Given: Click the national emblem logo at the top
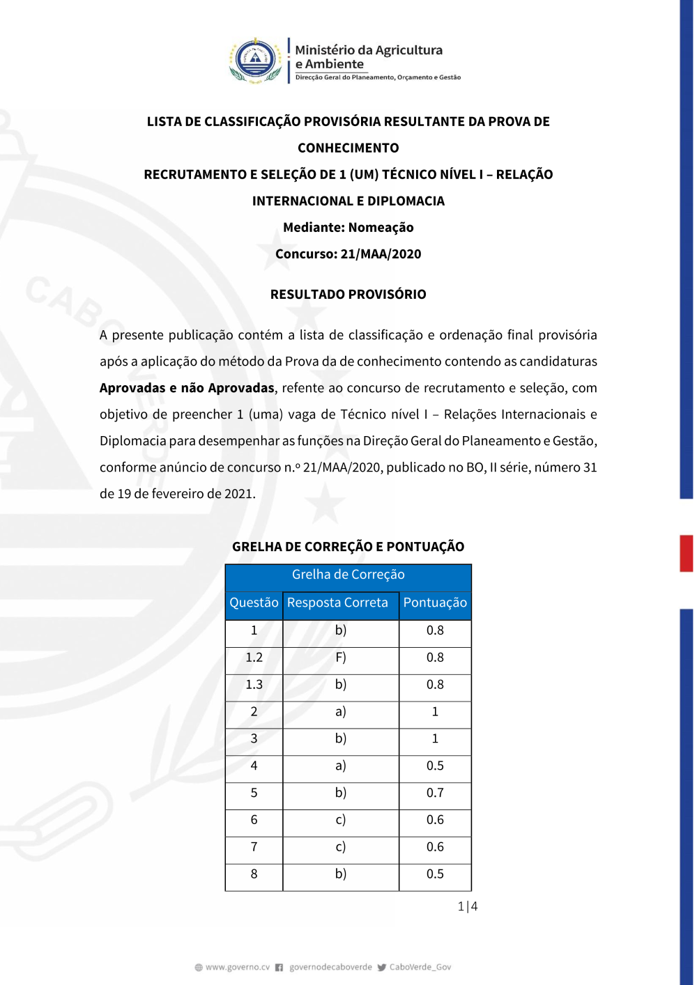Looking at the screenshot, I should click(256, 61).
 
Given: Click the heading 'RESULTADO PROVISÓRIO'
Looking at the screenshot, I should click(348, 294).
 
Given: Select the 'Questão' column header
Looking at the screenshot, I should click(254, 603).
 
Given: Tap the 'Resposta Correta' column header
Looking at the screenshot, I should click(337, 603).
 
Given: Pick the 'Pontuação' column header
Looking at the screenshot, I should click(435, 603).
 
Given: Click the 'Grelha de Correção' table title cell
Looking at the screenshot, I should click(348, 575).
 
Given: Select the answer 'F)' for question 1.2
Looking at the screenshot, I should click(340, 658).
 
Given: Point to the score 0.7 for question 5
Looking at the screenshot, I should click(435, 793).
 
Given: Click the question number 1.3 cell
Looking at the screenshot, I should click(254, 685).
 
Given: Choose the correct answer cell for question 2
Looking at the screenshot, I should click(340, 712).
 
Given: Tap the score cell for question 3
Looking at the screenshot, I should click(435, 738).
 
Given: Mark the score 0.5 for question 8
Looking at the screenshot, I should click(435, 874).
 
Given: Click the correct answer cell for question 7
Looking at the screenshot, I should click(340, 847).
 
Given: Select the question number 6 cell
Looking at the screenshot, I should click(254, 820).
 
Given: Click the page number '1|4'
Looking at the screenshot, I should click(467, 906).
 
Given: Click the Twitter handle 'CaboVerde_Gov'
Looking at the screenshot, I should click(420, 967).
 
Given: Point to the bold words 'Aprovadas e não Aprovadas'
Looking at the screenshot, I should click(187, 388).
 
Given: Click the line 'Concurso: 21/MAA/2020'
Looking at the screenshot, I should click(348, 254).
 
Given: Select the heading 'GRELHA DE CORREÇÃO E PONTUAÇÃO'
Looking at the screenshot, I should click(348, 547).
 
